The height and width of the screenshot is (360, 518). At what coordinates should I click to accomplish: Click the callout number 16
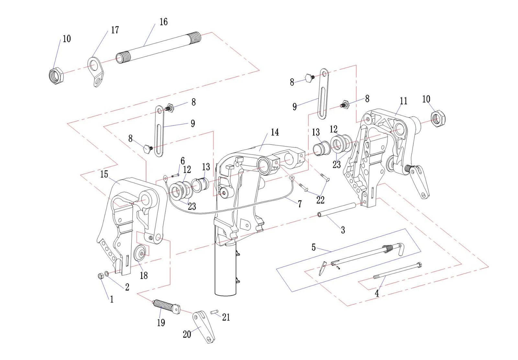163,22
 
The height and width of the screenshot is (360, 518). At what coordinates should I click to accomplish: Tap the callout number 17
115,30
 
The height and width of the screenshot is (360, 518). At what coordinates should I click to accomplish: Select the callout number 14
275,132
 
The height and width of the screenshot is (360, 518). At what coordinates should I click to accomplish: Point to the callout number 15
104,174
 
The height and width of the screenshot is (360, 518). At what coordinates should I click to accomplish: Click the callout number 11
403,101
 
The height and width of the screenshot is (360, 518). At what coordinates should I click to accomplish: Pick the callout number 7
300,204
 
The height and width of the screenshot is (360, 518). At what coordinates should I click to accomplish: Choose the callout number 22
320,200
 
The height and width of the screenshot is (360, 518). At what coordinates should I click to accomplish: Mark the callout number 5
314,247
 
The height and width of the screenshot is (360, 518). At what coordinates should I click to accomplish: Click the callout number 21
226,317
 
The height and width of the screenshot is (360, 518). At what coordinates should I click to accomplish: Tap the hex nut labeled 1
101,276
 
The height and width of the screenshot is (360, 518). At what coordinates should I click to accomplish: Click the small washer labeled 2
107,274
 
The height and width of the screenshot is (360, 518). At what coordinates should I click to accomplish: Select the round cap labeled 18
141,254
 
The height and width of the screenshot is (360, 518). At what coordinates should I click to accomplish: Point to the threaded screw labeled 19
166,307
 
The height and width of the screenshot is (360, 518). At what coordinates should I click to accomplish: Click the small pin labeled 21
214,312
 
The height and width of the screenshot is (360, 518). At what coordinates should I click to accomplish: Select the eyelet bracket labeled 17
96,72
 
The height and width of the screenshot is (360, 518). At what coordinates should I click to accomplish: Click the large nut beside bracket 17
56,76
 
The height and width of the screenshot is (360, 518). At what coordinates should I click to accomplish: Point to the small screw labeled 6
175,176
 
